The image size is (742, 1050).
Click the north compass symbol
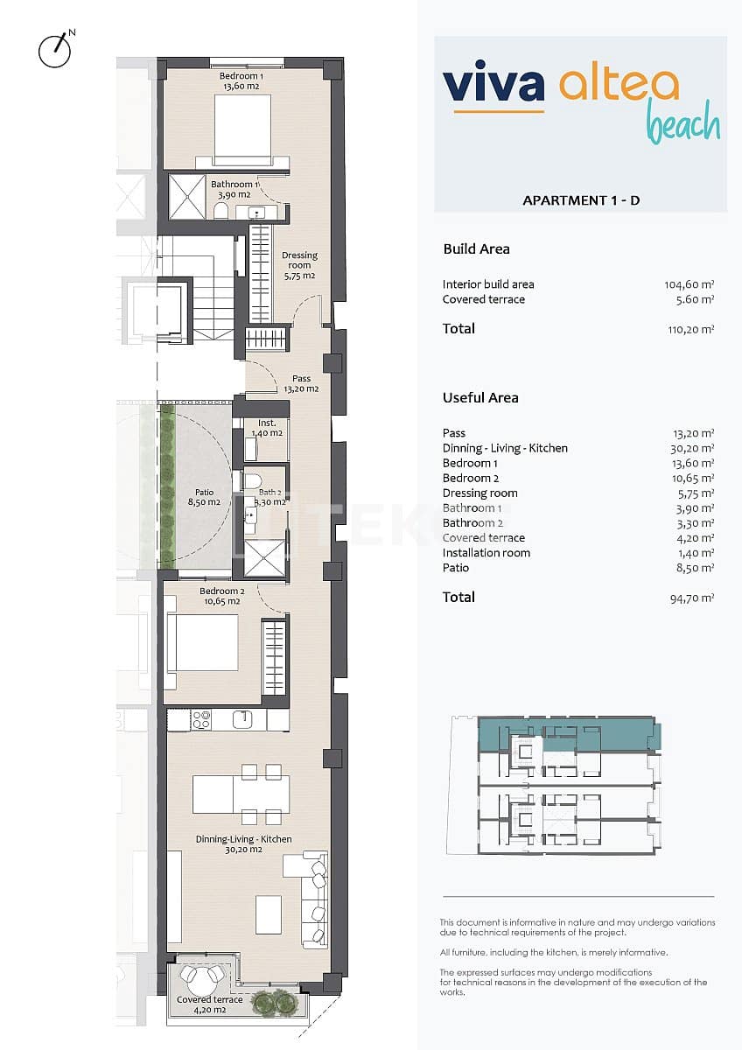click(54, 50)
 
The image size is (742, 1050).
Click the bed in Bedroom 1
click(242, 129)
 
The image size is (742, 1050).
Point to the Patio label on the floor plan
click(204, 498)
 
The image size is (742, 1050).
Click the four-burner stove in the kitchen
click(201, 719)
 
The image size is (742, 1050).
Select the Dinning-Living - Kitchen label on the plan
click(243, 844)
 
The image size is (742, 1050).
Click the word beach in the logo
click(682, 126)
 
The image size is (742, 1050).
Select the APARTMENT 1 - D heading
click(580, 200)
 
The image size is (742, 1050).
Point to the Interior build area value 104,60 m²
click(689, 284)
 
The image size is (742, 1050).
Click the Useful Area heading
click(480, 397)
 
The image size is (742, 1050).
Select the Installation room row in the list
click(486, 553)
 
